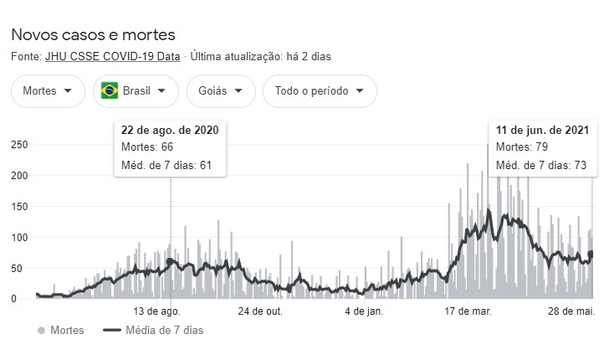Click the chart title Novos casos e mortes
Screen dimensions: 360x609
click(x=93, y=35)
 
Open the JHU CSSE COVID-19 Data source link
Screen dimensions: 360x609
click(x=130, y=57)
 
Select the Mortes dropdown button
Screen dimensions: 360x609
click(x=48, y=91)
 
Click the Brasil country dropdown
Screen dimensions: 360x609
click(x=136, y=91)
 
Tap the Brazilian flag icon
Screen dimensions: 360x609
click(x=109, y=91)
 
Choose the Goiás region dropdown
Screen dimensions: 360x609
click(x=220, y=91)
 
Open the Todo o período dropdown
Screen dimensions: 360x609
click(x=319, y=91)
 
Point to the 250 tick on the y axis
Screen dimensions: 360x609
click(x=18, y=145)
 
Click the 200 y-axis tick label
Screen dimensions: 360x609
click(x=18, y=176)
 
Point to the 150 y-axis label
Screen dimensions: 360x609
click(x=18, y=207)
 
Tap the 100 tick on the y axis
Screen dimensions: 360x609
click(x=18, y=238)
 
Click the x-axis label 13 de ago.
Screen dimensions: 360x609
click(x=158, y=311)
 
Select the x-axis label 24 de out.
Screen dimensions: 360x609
click(x=261, y=311)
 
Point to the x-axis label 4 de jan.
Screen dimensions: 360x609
click(x=363, y=311)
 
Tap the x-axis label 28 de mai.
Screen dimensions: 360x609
click(x=571, y=311)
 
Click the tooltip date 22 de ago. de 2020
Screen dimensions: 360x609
click(x=170, y=131)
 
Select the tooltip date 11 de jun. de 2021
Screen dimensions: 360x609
click(x=542, y=131)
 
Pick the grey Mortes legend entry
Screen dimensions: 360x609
click(x=61, y=331)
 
